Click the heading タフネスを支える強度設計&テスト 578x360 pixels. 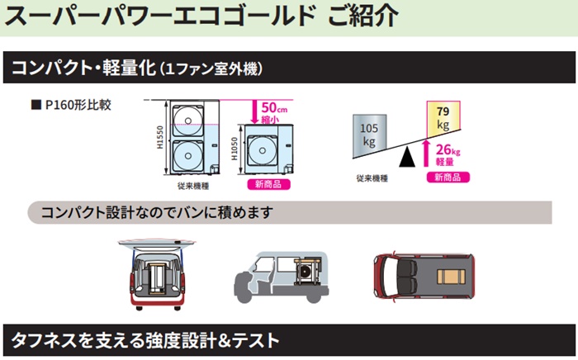pyautogui.click(x=145, y=339)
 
